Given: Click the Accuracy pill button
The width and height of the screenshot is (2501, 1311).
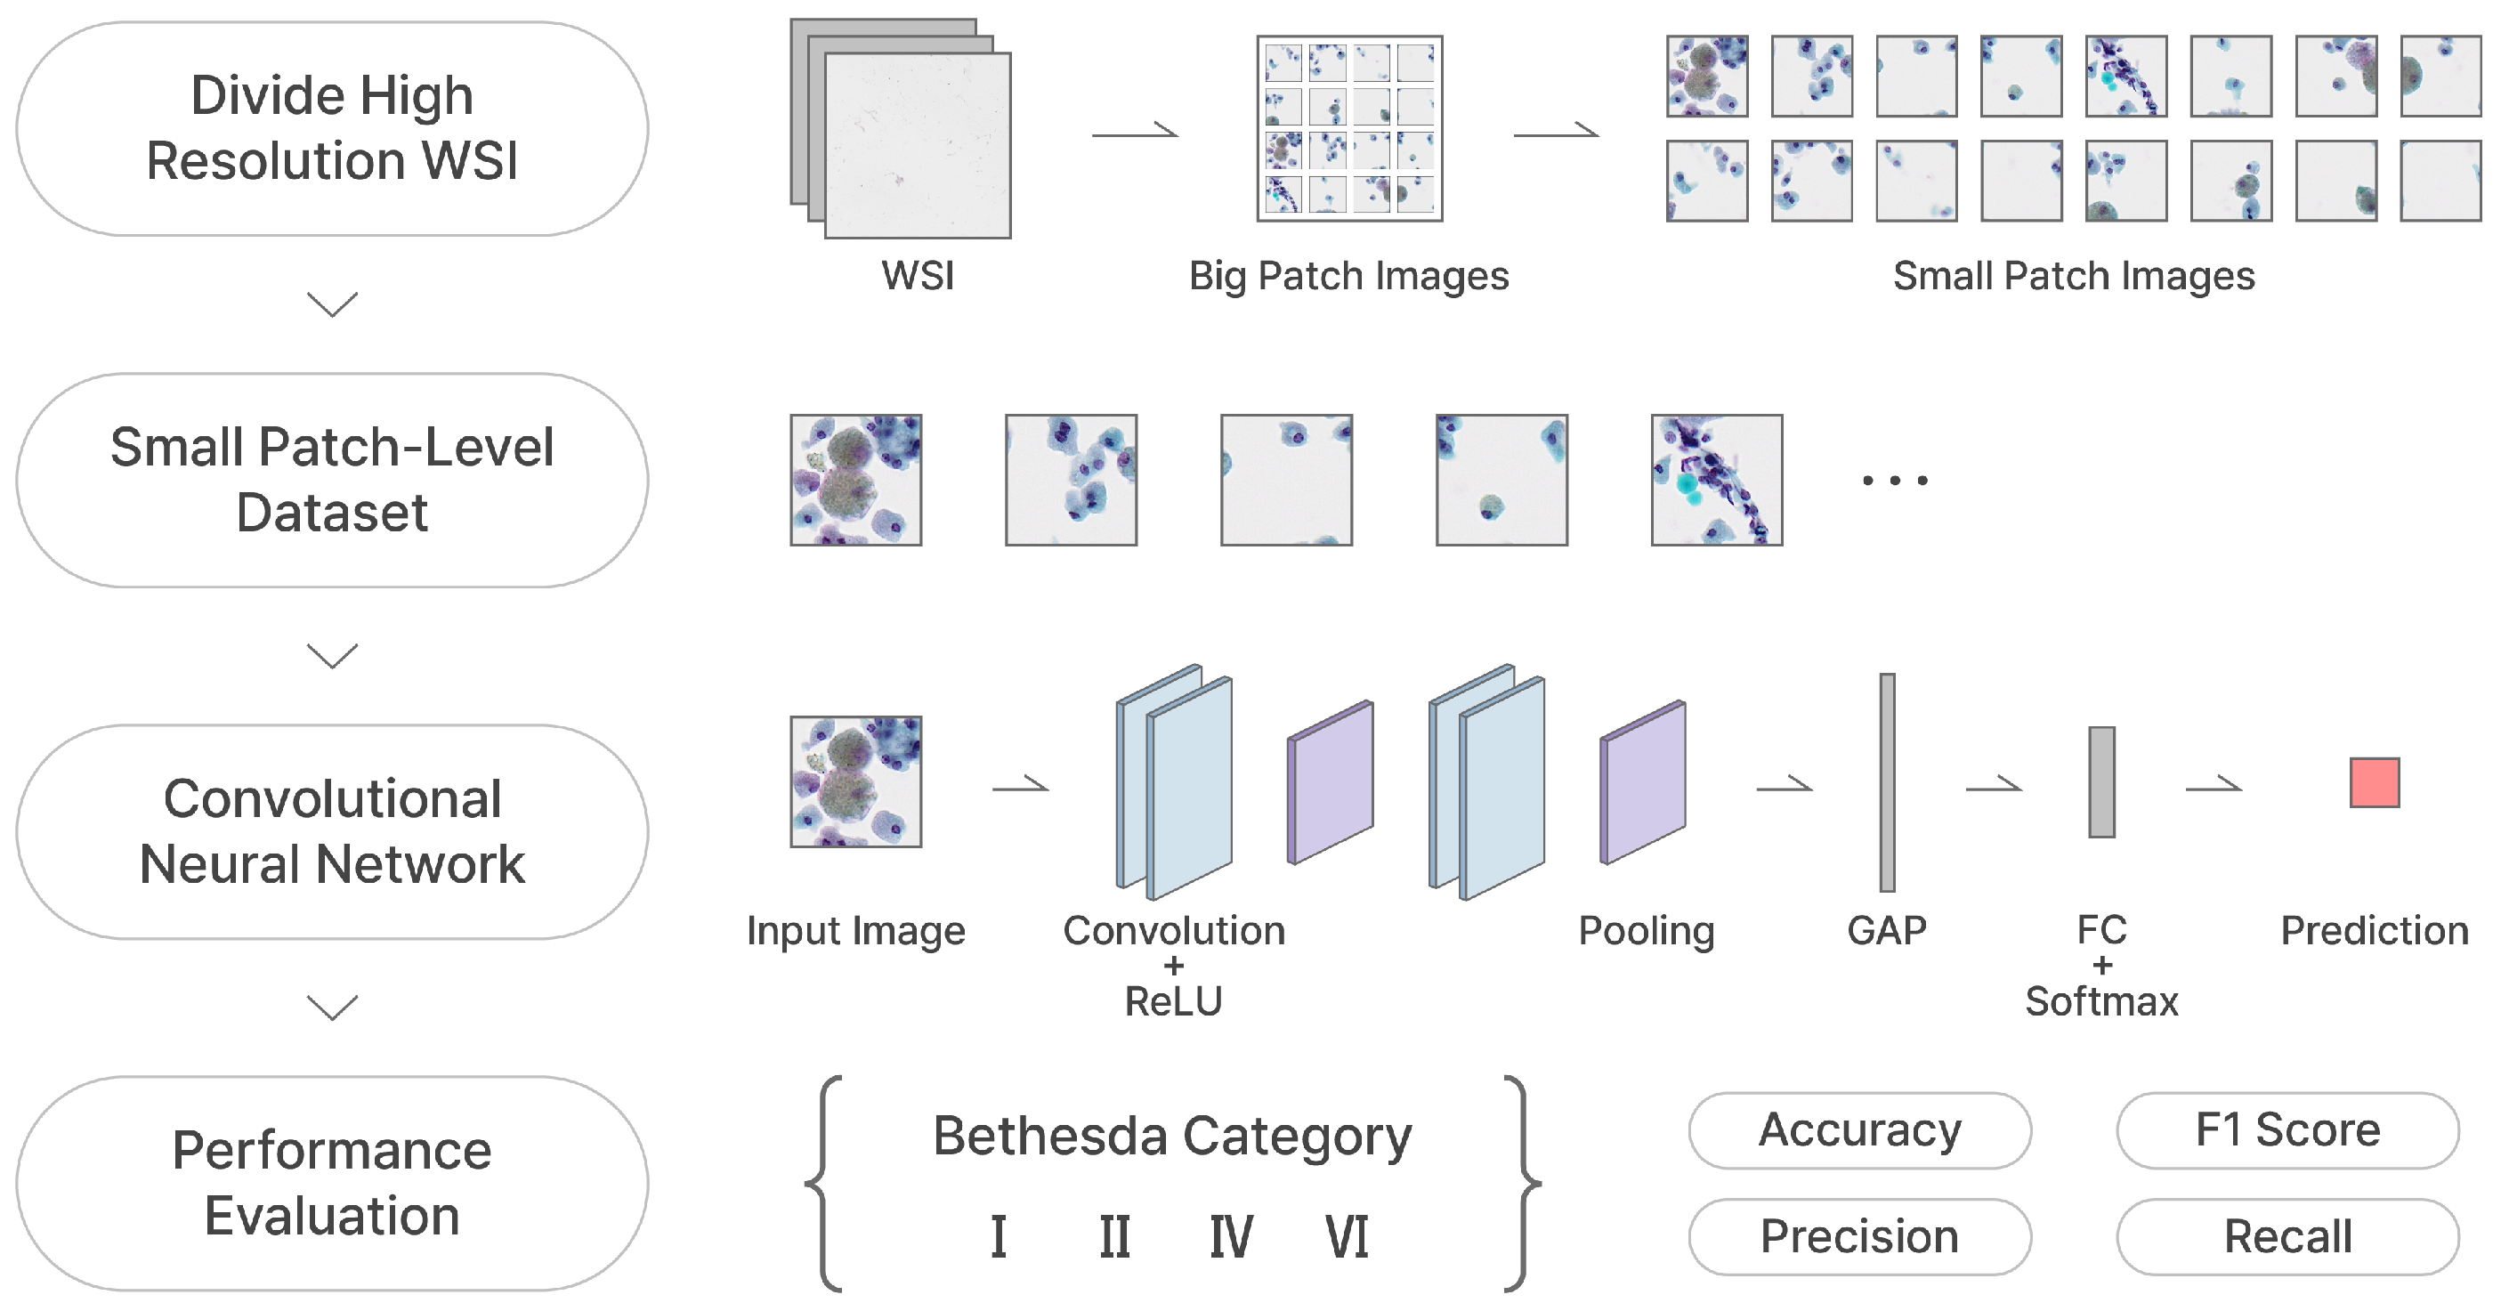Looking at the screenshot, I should [x=1859, y=1130].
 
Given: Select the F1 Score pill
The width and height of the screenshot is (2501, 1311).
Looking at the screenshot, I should [x=2287, y=1130].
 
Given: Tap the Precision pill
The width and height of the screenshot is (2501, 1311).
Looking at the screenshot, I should [x=1859, y=1236].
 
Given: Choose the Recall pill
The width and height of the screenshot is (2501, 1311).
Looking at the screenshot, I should [x=2287, y=1236].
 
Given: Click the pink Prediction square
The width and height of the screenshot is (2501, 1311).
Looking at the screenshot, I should [x=2374, y=782].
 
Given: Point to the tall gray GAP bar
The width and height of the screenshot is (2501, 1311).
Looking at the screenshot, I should [x=1886, y=782].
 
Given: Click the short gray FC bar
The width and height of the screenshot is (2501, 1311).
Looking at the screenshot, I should [x=2101, y=782].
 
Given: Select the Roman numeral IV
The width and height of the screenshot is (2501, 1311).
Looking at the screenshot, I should [x=1230, y=1237].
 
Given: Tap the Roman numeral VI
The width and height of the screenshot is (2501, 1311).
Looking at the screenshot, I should [x=1347, y=1237].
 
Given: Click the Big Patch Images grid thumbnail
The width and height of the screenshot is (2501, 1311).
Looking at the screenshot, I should [x=1348, y=128].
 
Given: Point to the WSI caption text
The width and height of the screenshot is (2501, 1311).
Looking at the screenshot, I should [x=918, y=276].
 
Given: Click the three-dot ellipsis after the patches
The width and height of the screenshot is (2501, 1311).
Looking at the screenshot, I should [x=1894, y=480].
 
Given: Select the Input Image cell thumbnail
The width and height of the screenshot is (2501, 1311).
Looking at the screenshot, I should [x=855, y=782].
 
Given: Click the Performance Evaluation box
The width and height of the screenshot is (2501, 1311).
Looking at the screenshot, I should [x=332, y=1183].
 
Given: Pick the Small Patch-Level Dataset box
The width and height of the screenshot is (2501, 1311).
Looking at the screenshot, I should [x=332, y=480].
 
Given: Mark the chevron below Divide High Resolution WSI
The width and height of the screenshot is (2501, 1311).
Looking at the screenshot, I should [x=332, y=304].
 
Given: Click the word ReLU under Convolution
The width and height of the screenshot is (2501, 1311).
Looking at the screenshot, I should [x=1173, y=1001].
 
